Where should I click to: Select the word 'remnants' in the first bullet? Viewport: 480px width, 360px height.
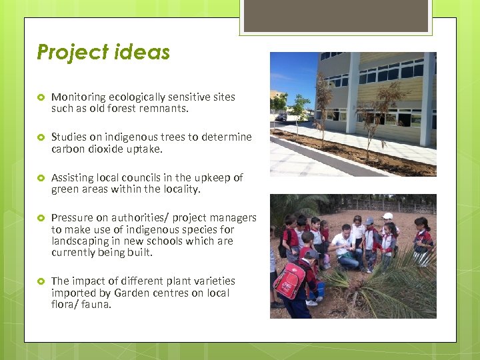pos(165,108)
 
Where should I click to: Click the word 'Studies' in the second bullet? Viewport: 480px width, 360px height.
pos(67,137)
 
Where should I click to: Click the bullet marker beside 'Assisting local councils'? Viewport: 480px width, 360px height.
pos(40,178)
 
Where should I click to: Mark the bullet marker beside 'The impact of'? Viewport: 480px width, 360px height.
pos(40,281)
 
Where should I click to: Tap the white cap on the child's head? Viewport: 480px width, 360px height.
pos(387,216)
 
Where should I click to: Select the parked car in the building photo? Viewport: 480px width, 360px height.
pos(281,118)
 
